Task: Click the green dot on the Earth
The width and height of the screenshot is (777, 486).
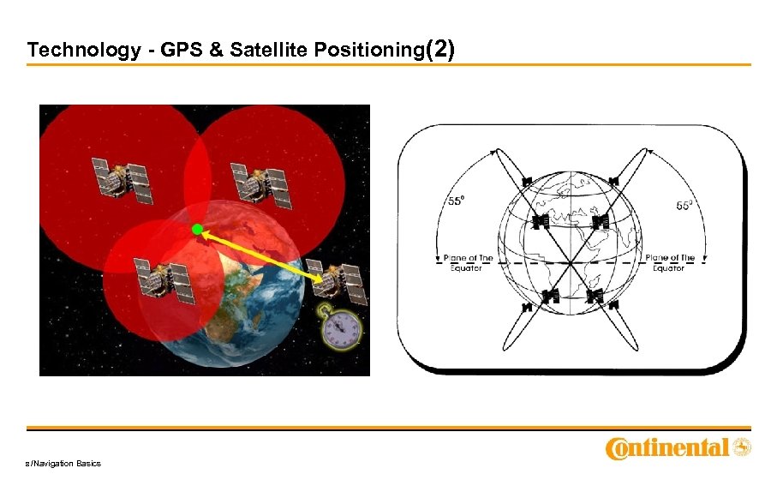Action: [x=197, y=230]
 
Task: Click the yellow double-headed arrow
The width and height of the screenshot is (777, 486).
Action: [x=261, y=255]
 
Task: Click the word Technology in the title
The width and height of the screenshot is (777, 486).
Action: [x=72, y=51]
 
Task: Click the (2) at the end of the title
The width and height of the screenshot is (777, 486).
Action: [x=439, y=50]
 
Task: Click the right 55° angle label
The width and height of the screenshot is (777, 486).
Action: [x=684, y=206]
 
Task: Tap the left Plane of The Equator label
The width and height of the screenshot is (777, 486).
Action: [x=466, y=262]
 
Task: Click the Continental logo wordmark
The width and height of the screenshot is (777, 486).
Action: [x=667, y=448]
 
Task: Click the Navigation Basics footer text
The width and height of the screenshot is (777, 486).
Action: [x=64, y=464]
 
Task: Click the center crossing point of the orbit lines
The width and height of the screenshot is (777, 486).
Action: [x=569, y=261]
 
